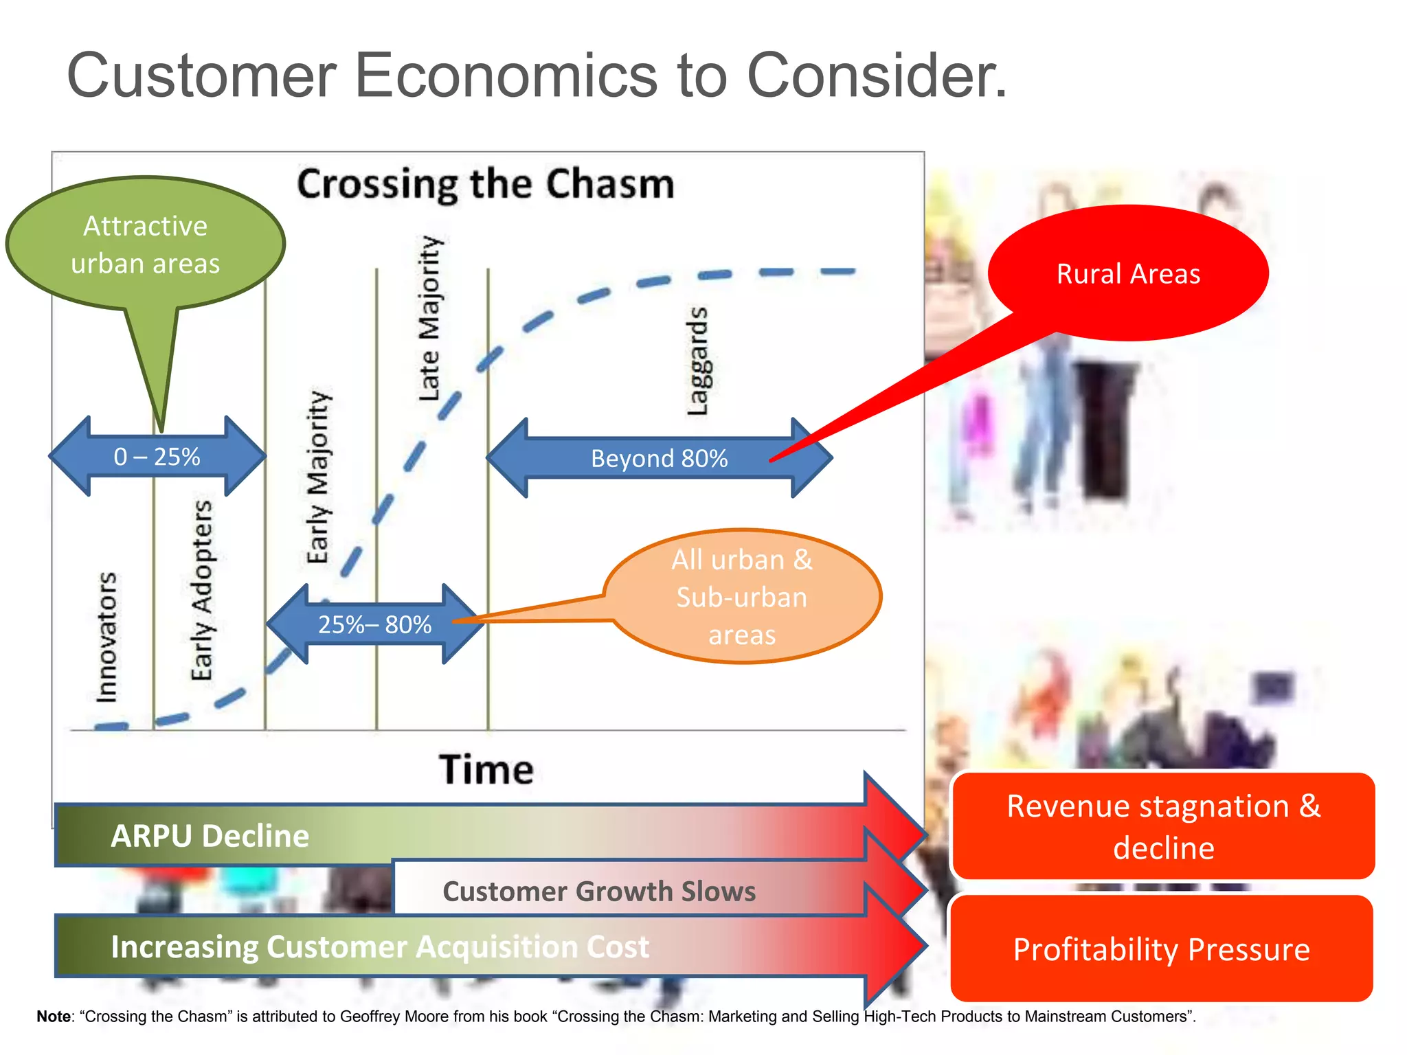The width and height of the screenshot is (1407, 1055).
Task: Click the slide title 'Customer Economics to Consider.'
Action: (x=536, y=76)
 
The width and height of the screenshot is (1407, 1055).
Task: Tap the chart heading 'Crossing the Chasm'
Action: (x=486, y=184)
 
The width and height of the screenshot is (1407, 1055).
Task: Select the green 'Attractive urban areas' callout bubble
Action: (x=145, y=245)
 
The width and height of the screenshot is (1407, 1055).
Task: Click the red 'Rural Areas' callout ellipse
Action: (x=1128, y=273)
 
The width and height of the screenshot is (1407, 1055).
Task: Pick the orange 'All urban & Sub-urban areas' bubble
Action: (x=742, y=596)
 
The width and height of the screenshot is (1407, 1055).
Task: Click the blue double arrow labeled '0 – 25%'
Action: (x=157, y=457)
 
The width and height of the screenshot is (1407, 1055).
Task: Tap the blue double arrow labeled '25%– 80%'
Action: (x=375, y=624)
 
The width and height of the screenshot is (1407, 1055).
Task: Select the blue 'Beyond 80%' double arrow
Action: (x=659, y=458)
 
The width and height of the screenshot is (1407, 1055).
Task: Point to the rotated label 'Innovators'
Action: (x=106, y=637)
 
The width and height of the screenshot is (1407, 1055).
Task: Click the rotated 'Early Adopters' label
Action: (x=201, y=590)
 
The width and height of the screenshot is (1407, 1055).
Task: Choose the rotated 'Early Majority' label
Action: (x=318, y=477)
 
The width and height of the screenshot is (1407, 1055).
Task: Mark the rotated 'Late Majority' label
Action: (x=431, y=318)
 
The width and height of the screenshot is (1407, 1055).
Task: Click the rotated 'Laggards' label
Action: (x=697, y=361)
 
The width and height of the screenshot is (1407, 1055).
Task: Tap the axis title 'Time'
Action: (x=486, y=769)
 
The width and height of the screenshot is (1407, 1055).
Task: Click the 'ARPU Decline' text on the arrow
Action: (x=210, y=836)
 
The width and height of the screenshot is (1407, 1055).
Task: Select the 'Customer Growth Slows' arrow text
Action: (x=599, y=891)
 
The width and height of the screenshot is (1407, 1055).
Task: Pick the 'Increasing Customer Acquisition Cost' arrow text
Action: (x=380, y=946)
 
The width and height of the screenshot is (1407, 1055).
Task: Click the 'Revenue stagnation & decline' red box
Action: (x=1163, y=826)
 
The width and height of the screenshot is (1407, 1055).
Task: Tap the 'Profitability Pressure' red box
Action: (x=1161, y=949)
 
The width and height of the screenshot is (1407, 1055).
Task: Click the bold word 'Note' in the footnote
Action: (x=53, y=1017)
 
